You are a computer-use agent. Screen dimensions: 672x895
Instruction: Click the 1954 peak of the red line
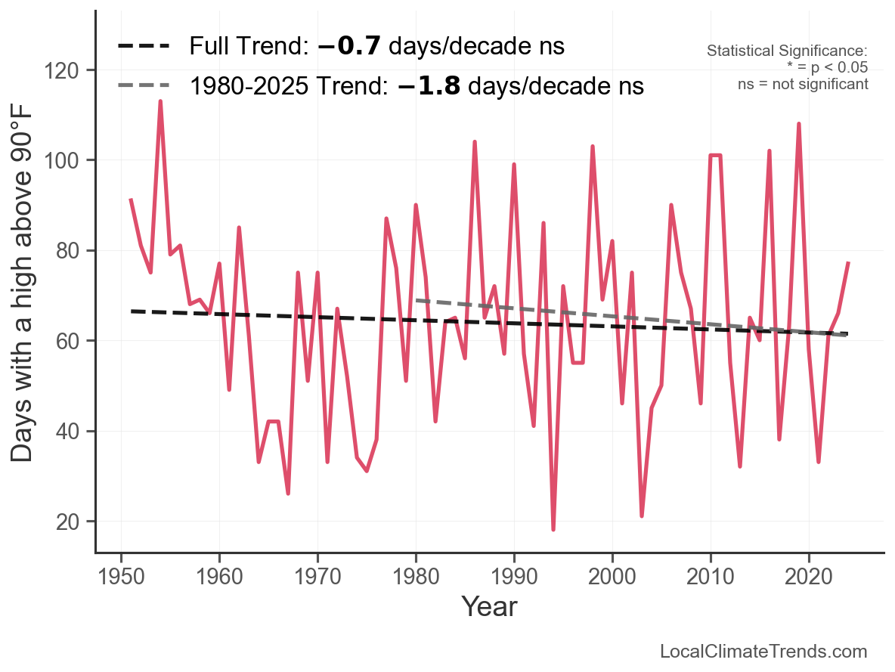click(x=160, y=101)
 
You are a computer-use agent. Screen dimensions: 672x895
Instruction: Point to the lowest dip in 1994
click(x=553, y=529)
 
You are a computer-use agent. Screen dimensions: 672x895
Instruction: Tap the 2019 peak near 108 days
click(x=799, y=124)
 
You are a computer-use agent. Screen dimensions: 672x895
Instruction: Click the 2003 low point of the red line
click(x=642, y=516)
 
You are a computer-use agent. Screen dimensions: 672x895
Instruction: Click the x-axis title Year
click(x=489, y=606)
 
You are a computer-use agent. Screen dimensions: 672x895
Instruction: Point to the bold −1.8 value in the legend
click(x=429, y=86)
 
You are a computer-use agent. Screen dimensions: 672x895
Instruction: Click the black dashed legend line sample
click(x=144, y=47)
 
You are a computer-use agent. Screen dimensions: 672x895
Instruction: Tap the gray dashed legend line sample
click(x=144, y=86)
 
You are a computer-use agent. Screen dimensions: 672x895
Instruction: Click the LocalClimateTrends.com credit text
click(x=763, y=652)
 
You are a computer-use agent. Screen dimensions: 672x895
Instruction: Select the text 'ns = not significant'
click(x=803, y=84)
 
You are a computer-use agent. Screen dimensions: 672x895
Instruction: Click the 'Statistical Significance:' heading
click(x=788, y=51)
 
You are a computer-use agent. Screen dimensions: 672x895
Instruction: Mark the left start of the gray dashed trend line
click(x=417, y=300)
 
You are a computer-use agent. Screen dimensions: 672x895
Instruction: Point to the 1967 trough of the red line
click(x=288, y=493)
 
